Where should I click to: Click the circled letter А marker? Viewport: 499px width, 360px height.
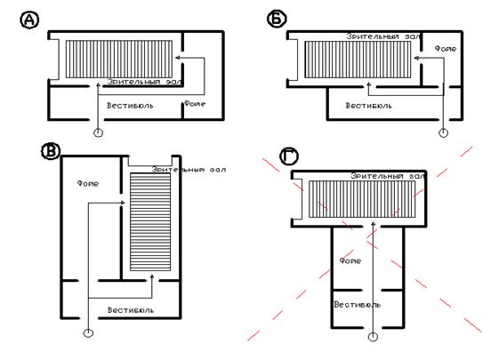click(30, 20)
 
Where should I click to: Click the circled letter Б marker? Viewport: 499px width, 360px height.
click(277, 19)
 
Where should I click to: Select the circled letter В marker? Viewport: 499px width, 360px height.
click(51, 151)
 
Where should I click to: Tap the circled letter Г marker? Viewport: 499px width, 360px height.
click(289, 156)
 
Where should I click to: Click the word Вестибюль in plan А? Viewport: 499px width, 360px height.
click(130, 106)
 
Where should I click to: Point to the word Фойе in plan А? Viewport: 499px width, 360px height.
click(195, 103)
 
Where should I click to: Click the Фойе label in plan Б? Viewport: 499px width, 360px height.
click(446, 49)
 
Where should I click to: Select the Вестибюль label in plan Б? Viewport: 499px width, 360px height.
click(369, 106)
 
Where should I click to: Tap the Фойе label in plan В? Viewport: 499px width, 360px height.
click(88, 183)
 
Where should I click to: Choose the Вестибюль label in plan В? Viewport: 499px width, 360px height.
click(131, 310)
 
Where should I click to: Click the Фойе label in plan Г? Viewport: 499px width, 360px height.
click(350, 261)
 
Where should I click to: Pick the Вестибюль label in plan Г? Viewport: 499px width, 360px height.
click(357, 305)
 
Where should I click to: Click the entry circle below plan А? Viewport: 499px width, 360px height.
click(99, 132)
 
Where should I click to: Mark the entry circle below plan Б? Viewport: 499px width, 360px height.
click(443, 132)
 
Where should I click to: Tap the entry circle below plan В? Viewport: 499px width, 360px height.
click(88, 333)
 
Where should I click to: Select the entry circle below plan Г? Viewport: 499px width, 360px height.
click(373, 337)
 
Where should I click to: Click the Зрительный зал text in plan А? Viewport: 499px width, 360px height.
click(145, 82)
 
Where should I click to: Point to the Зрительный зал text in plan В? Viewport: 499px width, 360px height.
click(189, 170)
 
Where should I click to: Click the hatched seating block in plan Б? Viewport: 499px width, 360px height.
click(358, 60)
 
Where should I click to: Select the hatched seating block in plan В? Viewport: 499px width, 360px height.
click(150, 221)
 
